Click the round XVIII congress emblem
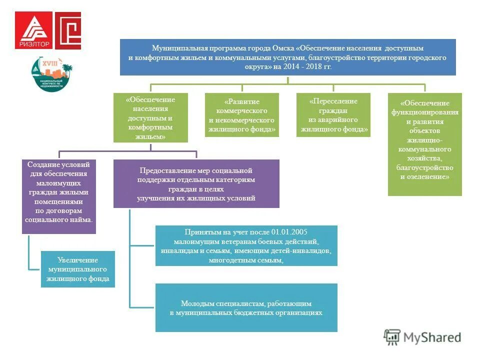pyautogui.click(x=49, y=74)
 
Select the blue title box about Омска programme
pyautogui.click(x=287, y=57)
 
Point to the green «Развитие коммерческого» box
pyautogui.click(x=241, y=115)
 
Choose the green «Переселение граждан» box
pyautogui.click(x=333, y=115)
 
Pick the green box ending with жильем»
pyautogui.click(x=150, y=118)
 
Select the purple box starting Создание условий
pyautogui.click(x=58, y=196)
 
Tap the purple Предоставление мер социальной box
pyautogui.click(x=196, y=183)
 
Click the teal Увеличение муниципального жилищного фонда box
pyautogui.click(x=77, y=269)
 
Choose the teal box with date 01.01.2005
pyautogui.click(x=246, y=245)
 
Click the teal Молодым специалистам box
pyautogui.click(x=246, y=307)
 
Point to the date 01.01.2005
pyautogui.click(x=289, y=232)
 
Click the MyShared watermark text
pyautogui.click(x=432, y=337)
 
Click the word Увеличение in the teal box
pyautogui.click(x=77, y=260)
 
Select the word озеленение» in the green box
pyautogui.click(x=428, y=176)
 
